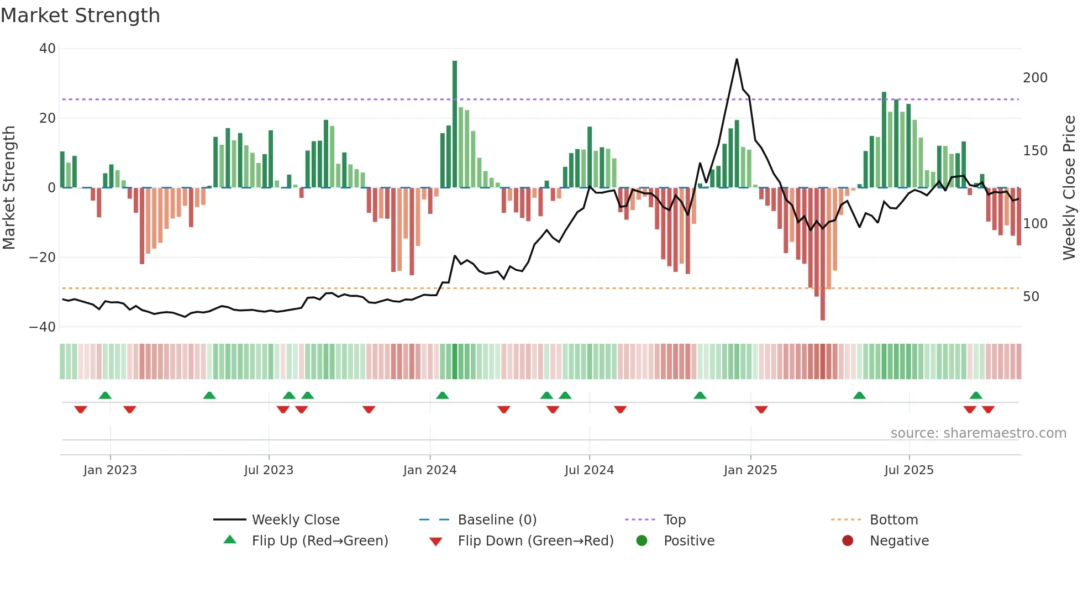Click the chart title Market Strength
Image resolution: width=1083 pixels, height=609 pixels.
point(80,15)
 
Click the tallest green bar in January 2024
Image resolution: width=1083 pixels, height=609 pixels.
point(455,124)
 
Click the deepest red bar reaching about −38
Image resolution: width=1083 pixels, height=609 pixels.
point(823,254)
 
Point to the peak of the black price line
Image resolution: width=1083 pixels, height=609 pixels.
point(737,59)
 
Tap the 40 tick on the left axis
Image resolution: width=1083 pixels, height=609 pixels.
point(48,49)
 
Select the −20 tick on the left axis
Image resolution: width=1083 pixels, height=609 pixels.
point(43,258)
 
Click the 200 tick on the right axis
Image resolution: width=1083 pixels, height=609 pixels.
point(1035,78)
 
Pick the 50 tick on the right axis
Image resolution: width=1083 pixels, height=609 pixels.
point(1031,297)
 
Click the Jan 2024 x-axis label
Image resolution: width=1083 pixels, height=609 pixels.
point(430,470)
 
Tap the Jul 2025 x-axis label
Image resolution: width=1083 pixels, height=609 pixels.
point(909,470)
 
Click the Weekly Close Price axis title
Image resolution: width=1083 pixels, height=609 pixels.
point(1069,187)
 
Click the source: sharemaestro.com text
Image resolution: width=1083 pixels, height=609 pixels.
point(978,433)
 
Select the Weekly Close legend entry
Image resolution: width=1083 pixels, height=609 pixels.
point(295,520)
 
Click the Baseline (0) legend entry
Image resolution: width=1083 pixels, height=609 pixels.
point(497,520)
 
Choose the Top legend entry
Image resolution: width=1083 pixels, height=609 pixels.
point(674,520)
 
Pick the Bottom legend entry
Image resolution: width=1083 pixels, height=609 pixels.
point(893,520)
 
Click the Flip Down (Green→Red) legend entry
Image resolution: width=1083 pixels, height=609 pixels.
point(535,541)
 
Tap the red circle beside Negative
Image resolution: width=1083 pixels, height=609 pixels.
point(848,541)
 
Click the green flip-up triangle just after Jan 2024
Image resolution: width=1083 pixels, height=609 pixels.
point(442,395)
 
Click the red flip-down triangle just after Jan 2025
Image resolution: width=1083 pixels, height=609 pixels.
point(761,410)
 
